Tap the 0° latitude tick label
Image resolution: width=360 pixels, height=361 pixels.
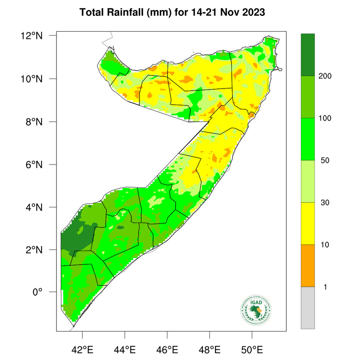point(37,292)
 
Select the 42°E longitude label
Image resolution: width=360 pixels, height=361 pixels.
point(83,349)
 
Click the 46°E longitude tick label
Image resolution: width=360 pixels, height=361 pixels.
point(168,349)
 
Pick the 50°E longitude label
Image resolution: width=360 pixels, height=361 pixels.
point(252,349)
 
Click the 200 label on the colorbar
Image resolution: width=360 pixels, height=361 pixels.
point(325,76)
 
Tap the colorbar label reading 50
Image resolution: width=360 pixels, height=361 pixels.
point(325,161)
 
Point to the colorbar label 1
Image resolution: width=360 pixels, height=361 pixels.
point(325,287)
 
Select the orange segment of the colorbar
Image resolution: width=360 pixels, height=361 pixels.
point(308,266)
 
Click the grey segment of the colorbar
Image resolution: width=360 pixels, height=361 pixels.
point(308,308)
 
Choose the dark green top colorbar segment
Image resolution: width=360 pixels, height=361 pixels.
point(308,55)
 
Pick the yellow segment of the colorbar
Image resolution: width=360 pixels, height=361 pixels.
point(308,223)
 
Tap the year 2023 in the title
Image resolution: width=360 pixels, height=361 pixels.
point(252,13)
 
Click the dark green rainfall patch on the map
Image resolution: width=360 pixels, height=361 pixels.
point(76,238)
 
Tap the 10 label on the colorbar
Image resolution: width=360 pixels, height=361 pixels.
point(325,245)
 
